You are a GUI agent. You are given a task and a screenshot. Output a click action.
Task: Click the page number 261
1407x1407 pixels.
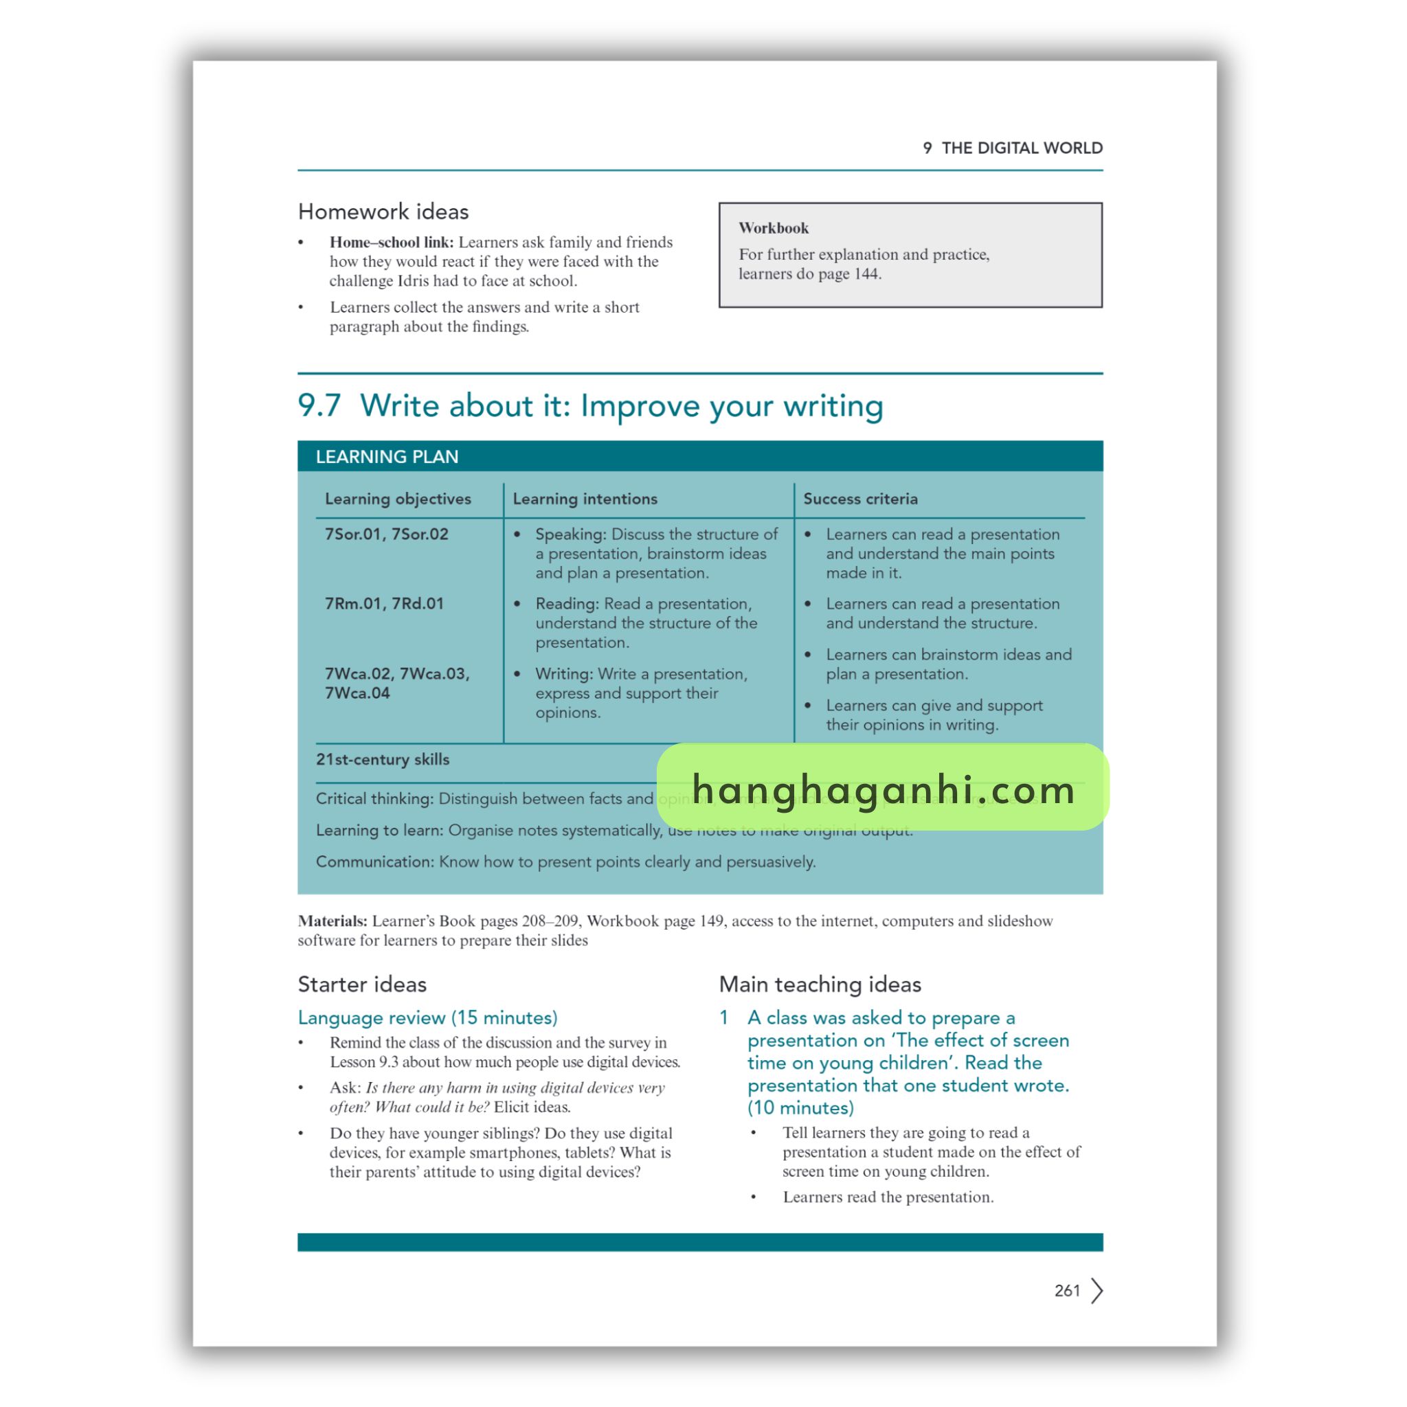(1066, 1290)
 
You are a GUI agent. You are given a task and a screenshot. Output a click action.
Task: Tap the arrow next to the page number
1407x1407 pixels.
(1096, 1290)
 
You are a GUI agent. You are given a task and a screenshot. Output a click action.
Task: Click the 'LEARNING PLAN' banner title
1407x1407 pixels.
(387, 457)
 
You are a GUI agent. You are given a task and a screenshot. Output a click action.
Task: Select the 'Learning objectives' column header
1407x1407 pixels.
(398, 499)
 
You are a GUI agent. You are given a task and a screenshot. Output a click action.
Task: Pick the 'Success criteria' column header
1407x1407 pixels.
(860, 499)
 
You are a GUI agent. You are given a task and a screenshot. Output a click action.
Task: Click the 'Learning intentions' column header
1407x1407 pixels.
(585, 499)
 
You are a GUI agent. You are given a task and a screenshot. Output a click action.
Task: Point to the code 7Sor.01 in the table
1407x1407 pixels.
(353, 534)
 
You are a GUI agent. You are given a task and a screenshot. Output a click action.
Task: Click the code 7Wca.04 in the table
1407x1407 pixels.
(357, 693)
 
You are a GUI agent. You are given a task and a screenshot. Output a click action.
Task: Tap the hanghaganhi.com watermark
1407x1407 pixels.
(883, 789)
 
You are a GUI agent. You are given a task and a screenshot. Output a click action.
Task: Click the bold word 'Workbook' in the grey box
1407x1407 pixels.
(774, 228)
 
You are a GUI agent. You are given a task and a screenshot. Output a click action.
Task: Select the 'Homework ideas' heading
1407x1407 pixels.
(383, 212)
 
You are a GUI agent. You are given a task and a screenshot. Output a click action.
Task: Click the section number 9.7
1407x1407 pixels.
(319, 405)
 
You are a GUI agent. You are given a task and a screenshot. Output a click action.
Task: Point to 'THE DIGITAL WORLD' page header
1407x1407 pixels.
(1022, 148)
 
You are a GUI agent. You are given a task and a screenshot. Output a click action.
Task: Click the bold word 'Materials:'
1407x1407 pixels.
(332, 921)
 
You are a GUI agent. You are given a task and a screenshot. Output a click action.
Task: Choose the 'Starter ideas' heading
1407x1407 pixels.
(362, 984)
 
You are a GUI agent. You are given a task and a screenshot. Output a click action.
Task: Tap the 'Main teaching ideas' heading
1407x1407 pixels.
(820, 984)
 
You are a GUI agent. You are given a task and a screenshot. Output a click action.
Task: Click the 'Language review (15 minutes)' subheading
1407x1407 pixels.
(427, 1017)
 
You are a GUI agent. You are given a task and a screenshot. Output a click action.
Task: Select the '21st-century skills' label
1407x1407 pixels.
(383, 760)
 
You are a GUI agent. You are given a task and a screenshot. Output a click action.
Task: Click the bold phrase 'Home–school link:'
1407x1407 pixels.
(391, 242)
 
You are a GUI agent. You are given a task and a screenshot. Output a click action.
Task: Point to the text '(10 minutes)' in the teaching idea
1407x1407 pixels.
(800, 1107)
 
